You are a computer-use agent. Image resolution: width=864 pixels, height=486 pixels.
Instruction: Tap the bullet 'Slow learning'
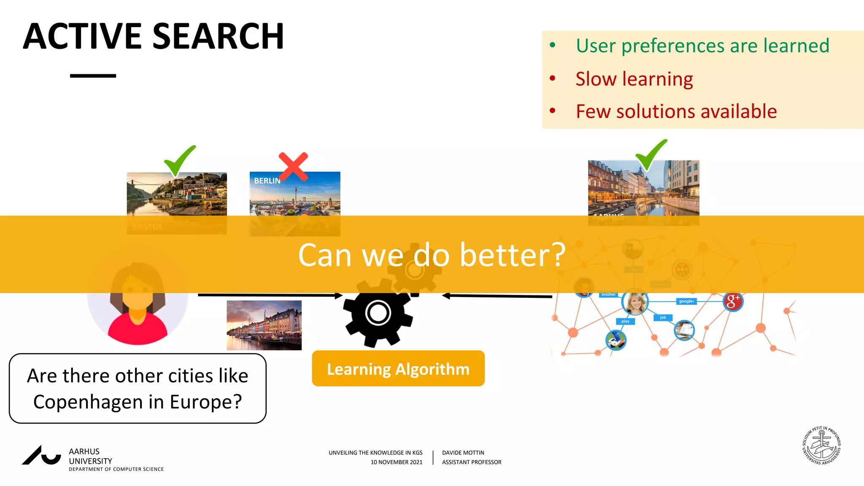(x=634, y=79)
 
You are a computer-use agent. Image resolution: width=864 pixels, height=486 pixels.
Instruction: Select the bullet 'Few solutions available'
(x=676, y=112)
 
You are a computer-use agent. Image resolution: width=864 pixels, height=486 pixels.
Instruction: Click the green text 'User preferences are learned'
(x=702, y=46)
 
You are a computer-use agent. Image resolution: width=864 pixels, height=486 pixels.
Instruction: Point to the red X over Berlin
(x=293, y=167)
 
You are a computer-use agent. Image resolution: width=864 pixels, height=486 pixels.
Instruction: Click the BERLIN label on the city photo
(x=267, y=181)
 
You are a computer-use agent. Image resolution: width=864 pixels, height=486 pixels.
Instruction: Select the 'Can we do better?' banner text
(x=431, y=255)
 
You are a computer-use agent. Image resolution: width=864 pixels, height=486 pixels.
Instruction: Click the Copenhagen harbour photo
(x=264, y=325)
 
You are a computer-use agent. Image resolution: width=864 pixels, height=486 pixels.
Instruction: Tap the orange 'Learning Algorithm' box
(x=398, y=369)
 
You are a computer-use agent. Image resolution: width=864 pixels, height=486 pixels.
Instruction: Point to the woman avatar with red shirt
(x=138, y=304)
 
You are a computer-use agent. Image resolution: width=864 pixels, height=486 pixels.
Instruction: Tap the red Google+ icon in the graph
(x=733, y=302)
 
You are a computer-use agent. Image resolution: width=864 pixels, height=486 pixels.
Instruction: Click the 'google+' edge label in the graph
(x=686, y=301)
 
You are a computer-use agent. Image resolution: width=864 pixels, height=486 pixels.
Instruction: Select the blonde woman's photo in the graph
(x=635, y=302)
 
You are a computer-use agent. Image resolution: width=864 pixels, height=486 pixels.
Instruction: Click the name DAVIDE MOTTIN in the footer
(x=463, y=453)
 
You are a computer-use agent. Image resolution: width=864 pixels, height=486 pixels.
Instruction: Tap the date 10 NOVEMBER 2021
(x=396, y=462)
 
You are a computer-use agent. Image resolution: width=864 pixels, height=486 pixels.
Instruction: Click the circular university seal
(x=821, y=445)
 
